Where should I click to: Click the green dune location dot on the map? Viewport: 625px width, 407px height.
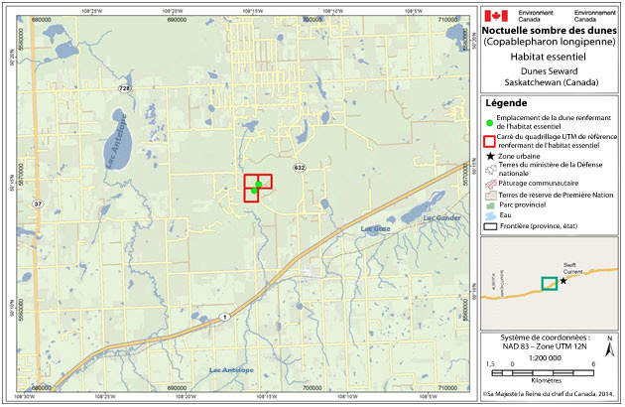pyautogui.click(x=258, y=185)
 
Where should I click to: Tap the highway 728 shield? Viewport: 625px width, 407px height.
pyautogui.click(x=124, y=90)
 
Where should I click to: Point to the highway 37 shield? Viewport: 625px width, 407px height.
pyautogui.click(x=38, y=203)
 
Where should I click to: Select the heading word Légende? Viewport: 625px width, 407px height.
pyautogui.click(x=509, y=102)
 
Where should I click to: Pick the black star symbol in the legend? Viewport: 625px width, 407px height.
pyautogui.click(x=491, y=157)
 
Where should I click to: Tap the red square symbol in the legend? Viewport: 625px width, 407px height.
pyautogui.click(x=491, y=139)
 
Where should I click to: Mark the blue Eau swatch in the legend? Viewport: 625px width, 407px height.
pyautogui.click(x=491, y=215)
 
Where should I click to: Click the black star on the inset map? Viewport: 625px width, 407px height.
pyautogui.click(x=563, y=281)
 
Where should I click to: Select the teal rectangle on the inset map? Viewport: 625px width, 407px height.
pyautogui.click(x=548, y=283)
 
